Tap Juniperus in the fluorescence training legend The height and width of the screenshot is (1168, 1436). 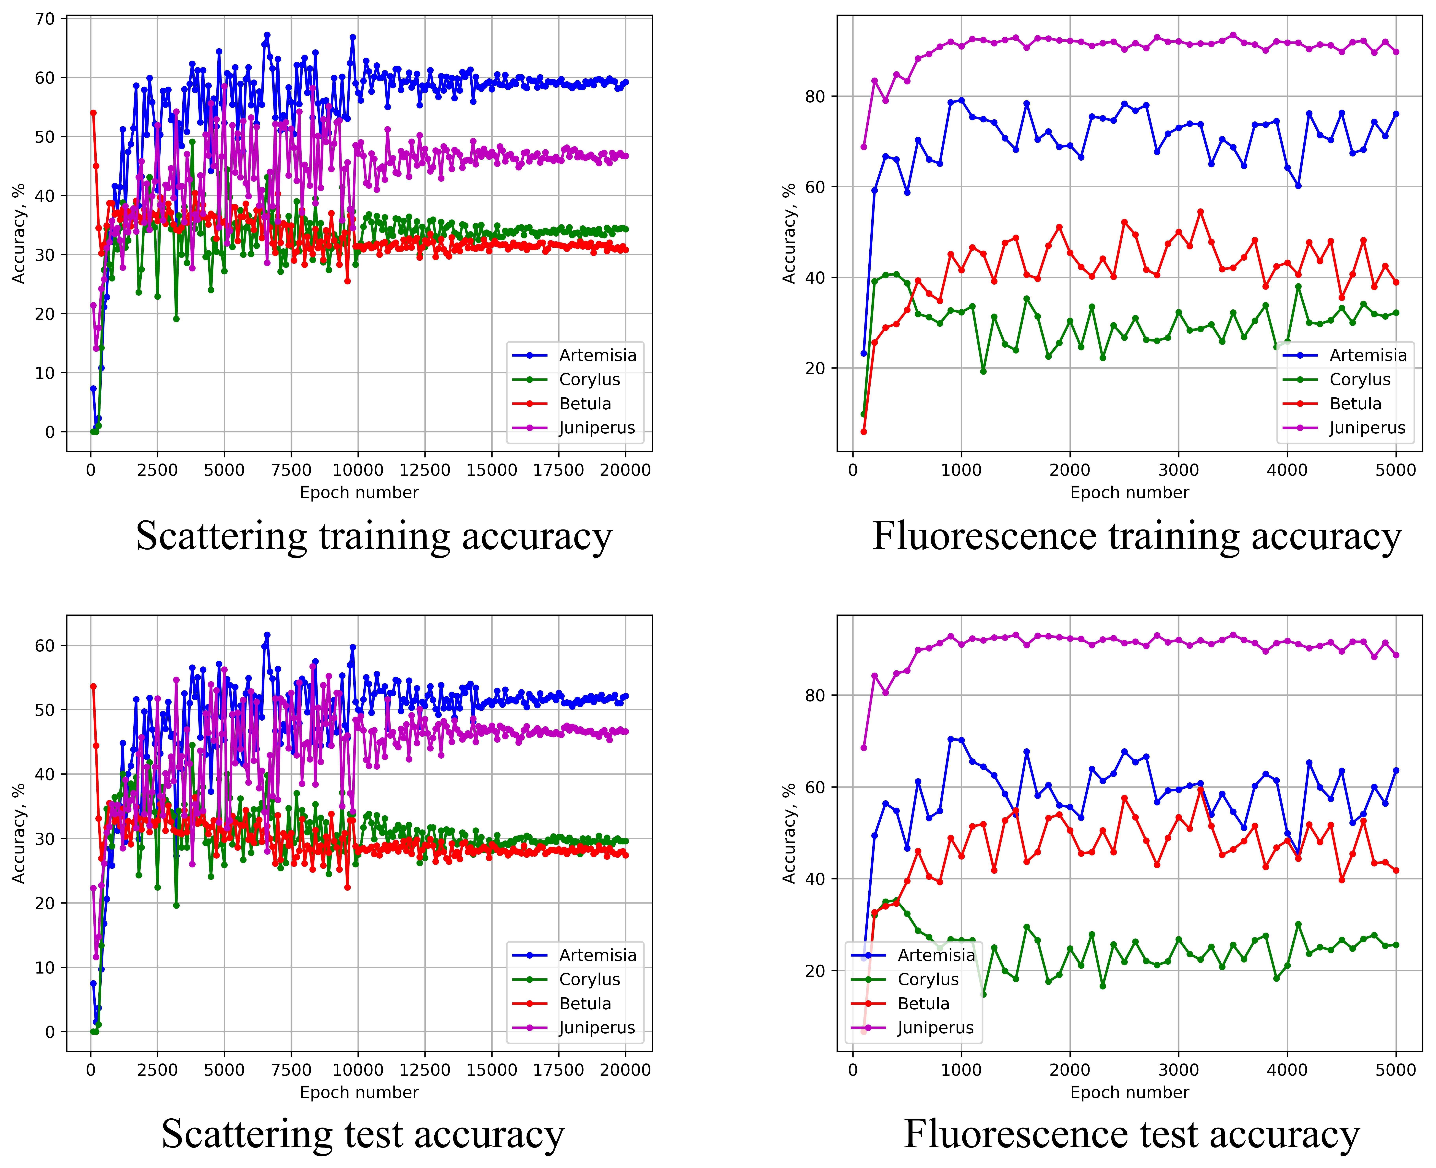point(1367,428)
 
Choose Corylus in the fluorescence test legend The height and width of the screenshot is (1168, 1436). point(928,979)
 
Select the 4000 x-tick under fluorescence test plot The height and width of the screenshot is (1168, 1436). point(1287,1070)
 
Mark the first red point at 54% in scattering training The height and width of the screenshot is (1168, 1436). point(93,113)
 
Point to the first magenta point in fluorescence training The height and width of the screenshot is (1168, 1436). point(864,147)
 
